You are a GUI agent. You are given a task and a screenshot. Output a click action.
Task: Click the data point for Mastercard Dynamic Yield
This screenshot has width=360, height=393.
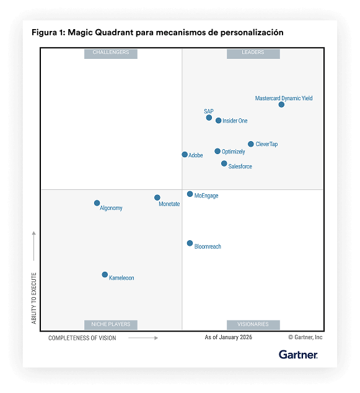(x=281, y=105)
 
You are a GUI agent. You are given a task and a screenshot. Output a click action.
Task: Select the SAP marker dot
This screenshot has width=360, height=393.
(x=209, y=118)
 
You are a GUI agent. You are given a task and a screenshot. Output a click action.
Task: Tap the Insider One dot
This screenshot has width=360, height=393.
(x=218, y=121)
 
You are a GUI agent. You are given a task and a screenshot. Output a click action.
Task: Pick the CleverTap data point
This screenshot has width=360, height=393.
(x=251, y=144)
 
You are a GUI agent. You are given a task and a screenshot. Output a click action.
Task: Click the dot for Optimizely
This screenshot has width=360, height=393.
(x=217, y=151)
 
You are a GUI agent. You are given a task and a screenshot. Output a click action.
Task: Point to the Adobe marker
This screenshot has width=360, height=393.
(x=185, y=155)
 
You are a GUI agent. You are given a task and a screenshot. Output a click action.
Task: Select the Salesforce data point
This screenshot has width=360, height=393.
(x=224, y=163)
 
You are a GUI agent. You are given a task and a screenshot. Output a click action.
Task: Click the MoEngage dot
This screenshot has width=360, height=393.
(x=190, y=194)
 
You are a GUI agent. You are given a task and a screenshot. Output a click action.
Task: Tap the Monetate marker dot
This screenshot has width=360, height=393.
(x=157, y=198)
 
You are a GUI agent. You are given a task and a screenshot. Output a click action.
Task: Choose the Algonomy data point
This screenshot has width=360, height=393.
(x=97, y=203)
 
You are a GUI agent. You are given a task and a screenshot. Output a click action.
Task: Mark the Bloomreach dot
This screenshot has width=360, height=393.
(x=190, y=243)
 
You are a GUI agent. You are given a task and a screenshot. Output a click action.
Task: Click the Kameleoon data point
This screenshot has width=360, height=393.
(x=105, y=275)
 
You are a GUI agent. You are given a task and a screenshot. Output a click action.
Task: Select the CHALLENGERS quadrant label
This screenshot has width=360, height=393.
(x=111, y=53)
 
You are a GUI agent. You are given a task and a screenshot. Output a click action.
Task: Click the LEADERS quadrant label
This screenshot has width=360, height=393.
(x=253, y=53)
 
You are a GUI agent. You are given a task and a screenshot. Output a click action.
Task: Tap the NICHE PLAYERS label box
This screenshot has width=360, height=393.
(x=111, y=324)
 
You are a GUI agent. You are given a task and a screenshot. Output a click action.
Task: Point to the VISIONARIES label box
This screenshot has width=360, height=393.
(x=253, y=324)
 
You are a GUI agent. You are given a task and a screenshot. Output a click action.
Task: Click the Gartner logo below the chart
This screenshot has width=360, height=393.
(x=298, y=355)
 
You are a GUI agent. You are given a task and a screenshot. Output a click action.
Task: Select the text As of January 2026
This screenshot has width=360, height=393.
(x=229, y=338)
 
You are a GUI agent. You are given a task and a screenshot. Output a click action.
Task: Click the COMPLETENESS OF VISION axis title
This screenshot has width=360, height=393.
(x=82, y=338)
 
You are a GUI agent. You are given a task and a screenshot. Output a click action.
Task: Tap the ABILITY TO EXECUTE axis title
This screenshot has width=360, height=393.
(x=34, y=298)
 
